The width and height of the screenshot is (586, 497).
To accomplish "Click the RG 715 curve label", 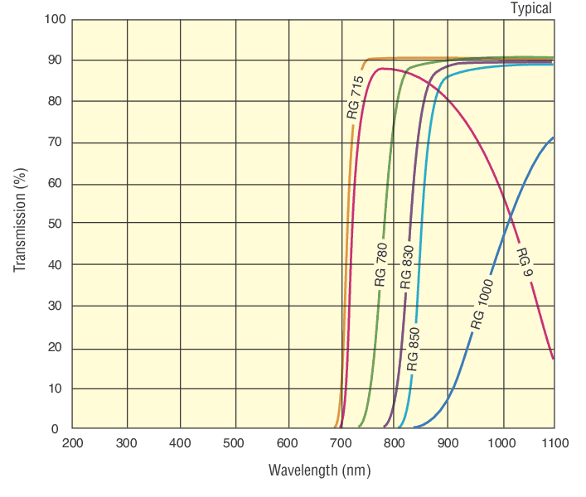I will point(354,97).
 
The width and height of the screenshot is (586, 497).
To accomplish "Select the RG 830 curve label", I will point(406,267).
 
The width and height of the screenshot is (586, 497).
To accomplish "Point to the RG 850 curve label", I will point(414,348).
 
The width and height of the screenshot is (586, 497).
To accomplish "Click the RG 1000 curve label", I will point(482,304).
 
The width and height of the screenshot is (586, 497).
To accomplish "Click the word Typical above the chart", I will point(530,8).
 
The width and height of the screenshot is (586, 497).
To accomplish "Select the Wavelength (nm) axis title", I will point(319,470).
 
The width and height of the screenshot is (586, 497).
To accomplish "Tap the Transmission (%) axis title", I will point(20,219).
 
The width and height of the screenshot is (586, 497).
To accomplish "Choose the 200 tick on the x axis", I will point(73,443).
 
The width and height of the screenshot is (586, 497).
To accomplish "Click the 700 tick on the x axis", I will point(341,443).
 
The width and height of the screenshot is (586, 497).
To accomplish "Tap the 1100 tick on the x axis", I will point(555,443).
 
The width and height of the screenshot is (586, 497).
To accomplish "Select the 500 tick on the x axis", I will point(234,443).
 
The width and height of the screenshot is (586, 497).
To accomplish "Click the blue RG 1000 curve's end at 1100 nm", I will point(553,138).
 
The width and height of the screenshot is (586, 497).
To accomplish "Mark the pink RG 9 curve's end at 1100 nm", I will point(553,358).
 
